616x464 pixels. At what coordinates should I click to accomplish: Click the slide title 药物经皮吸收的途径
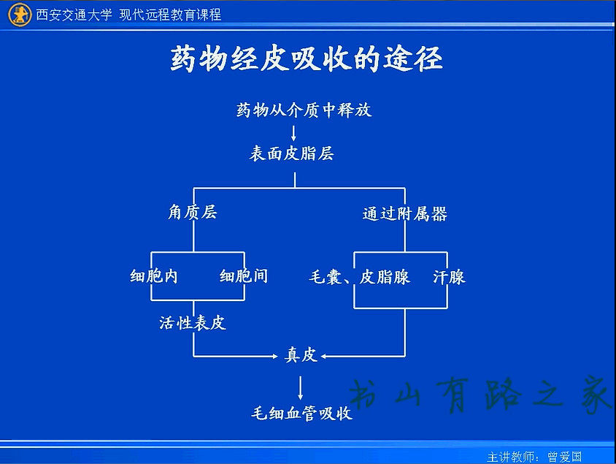point(307,59)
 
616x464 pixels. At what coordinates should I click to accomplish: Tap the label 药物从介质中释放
point(304,110)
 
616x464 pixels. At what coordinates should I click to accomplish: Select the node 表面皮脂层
point(291,153)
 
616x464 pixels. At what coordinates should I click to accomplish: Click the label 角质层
point(193,213)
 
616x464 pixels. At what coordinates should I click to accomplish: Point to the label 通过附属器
point(404,214)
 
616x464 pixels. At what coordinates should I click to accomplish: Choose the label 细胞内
point(153,276)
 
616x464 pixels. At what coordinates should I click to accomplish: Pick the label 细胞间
point(244,276)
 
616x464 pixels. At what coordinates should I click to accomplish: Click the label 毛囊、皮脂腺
point(359,277)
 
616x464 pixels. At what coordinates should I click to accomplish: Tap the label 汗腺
point(449,277)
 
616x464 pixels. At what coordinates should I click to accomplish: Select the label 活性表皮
point(193,323)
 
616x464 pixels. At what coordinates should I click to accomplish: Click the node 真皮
point(301,354)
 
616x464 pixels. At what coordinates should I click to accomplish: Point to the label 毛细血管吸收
point(301,413)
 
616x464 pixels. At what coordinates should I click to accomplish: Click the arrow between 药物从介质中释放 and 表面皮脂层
point(293,133)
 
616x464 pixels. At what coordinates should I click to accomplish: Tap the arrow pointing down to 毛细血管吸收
point(301,388)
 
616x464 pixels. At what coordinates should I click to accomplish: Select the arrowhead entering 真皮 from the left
point(275,357)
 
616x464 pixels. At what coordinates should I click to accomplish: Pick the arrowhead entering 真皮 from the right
point(324,357)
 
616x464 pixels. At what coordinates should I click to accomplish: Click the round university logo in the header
point(20,15)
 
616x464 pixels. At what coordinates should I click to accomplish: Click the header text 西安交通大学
point(74,15)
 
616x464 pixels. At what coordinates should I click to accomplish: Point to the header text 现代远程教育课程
point(170,15)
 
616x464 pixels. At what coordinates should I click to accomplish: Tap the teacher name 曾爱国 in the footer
point(564,457)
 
